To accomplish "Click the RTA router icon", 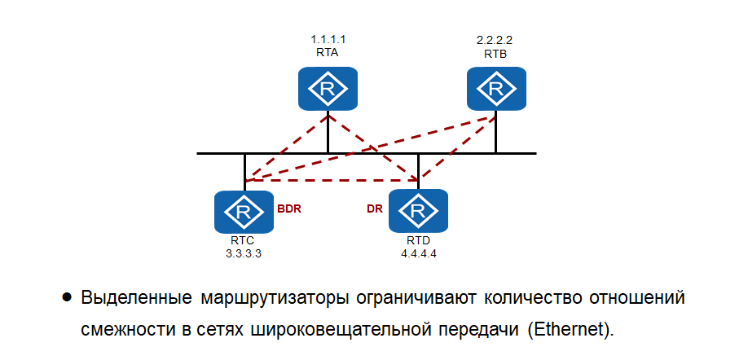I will pyautogui.click(x=328, y=88).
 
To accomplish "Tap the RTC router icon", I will pyautogui.click(x=243, y=213).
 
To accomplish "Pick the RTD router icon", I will pyautogui.click(x=418, y=213).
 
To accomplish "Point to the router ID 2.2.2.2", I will pyautogui.click(x=495, y=39).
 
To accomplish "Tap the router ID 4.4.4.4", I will pyautogui.click(x=419, y=253).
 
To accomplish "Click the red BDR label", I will pyautogui.click(x=289, y=209).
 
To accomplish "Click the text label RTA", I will pyautogui.click(x=327, y=50).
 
